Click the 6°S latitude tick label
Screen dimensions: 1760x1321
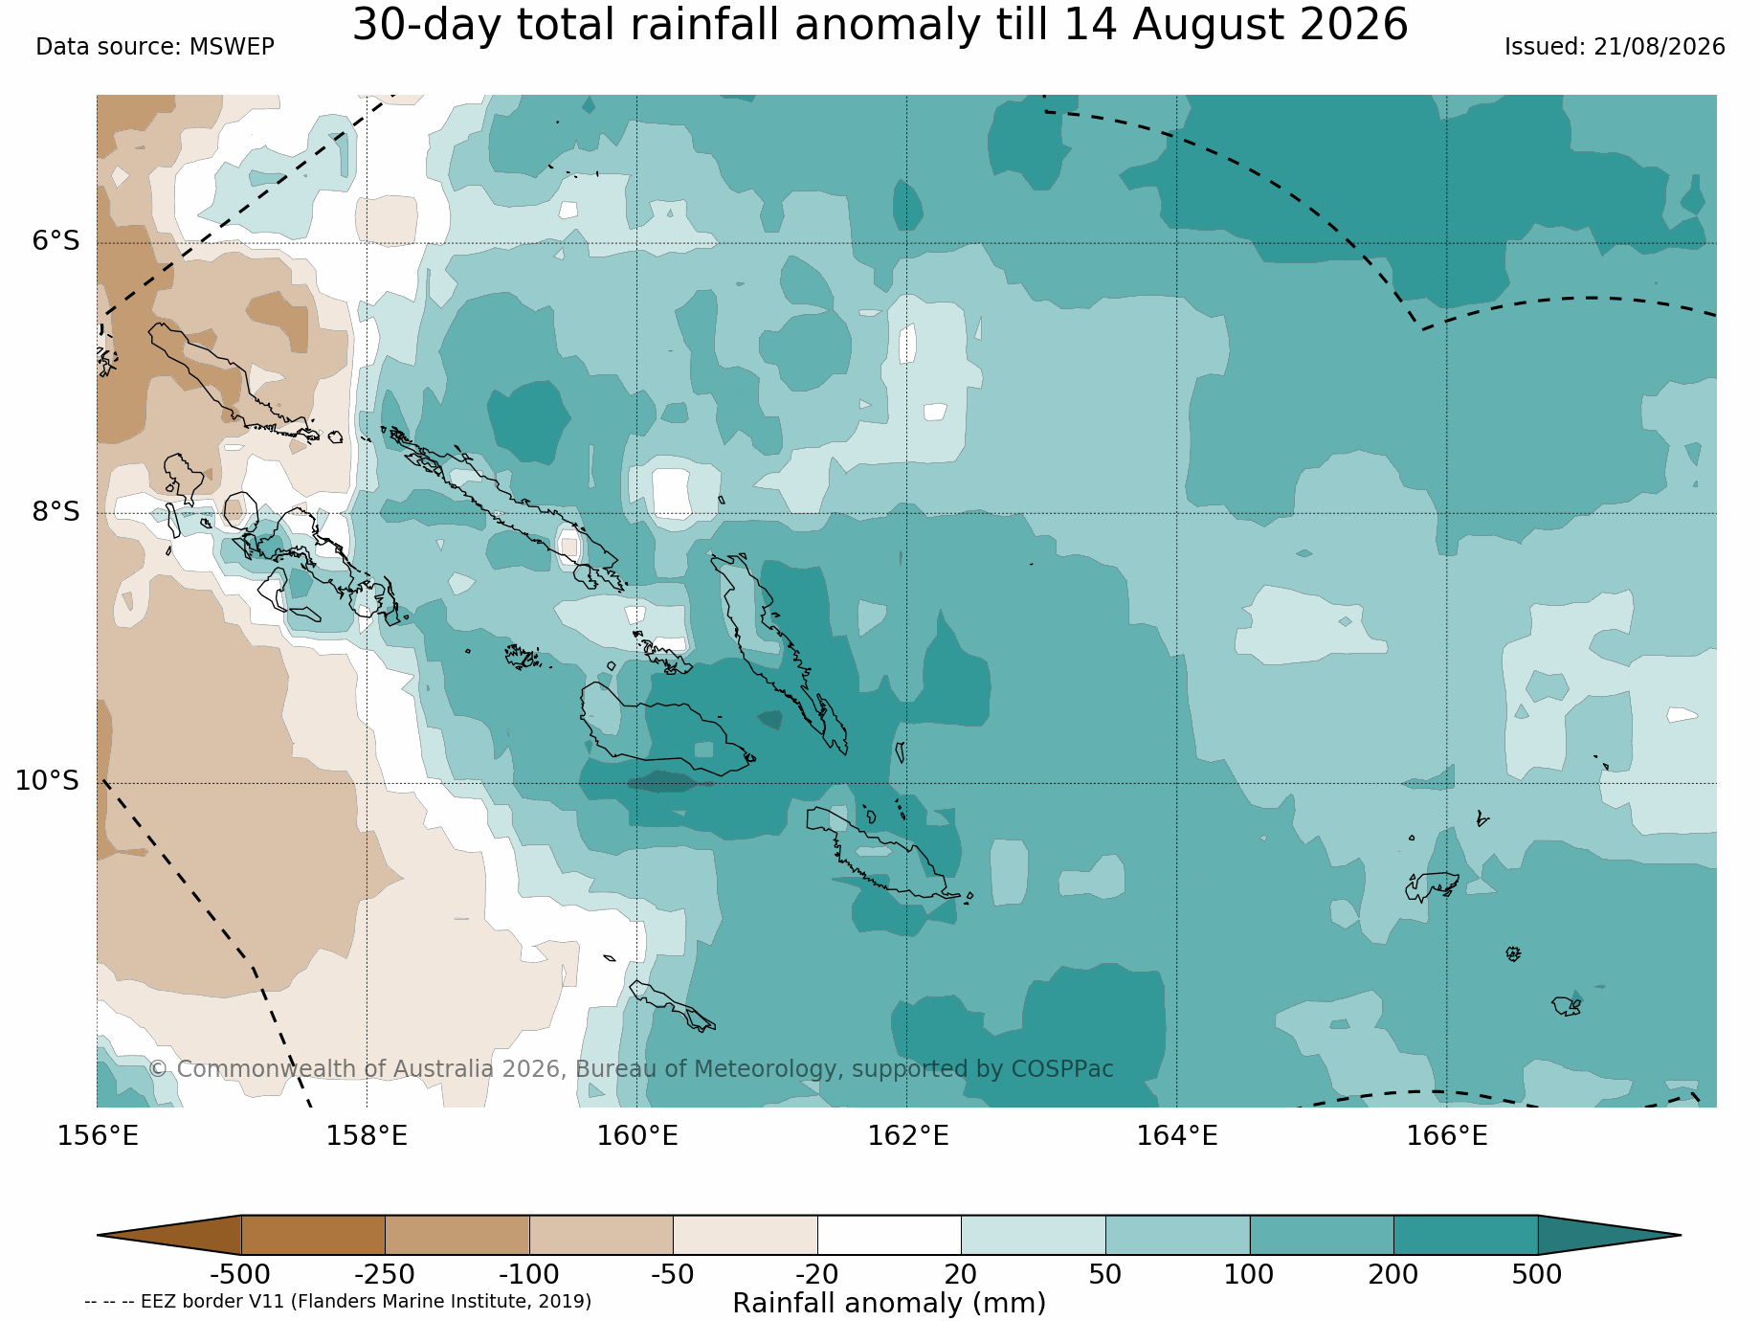coord(56,241)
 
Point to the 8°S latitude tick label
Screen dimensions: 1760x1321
coord(56,511)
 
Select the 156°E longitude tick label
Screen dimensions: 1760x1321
coord(98,1136)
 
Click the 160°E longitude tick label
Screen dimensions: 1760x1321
coord(637,1136)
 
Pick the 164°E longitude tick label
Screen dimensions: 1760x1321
coord(1177,1136)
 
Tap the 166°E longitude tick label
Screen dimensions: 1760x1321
coord(1447,1136)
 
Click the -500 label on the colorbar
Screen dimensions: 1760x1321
coord(240,1275)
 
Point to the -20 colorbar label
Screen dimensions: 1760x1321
coord(816,1275)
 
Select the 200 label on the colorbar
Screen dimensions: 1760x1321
coord(1393,1275)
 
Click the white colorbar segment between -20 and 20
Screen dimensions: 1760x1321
coord(889,1235)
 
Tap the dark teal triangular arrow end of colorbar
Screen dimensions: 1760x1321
coord(1609,1235)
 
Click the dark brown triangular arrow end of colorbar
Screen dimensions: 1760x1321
coord(169,1235)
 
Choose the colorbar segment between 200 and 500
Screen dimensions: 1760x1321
coord(1465,1235)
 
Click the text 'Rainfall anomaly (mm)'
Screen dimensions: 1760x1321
coord(889,1304)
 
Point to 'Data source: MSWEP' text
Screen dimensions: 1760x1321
coord(155,47)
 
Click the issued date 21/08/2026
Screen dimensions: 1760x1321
coord(1659,47)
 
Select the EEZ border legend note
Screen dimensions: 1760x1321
coord(338,1302)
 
